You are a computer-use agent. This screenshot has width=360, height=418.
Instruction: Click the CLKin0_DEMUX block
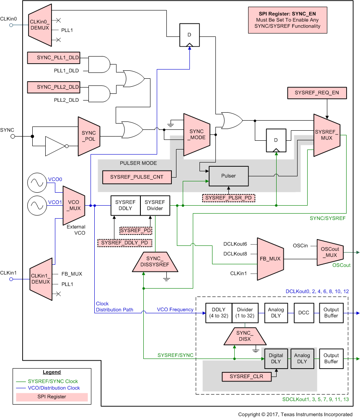point(40,25)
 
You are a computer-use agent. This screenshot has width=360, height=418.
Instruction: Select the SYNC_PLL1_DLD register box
point(53,58)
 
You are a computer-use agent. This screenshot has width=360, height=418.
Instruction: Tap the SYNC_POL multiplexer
point(89,136)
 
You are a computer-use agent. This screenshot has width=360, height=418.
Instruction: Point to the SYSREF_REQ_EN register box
point(316,93)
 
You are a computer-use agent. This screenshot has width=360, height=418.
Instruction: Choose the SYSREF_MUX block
point(326,135)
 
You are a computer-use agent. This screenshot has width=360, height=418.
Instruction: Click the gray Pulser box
point(228,176)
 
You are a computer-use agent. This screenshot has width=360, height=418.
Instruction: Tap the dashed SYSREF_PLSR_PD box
point(228,197)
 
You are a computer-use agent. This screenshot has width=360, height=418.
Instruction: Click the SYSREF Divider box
point(155,205)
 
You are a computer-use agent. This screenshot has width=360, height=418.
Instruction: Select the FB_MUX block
point(270,259)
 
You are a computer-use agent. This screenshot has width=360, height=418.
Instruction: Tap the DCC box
point(303,313)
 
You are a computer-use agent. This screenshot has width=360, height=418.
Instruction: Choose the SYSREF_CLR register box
point(246,377)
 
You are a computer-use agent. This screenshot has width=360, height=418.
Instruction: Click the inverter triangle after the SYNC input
point(55,146)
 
